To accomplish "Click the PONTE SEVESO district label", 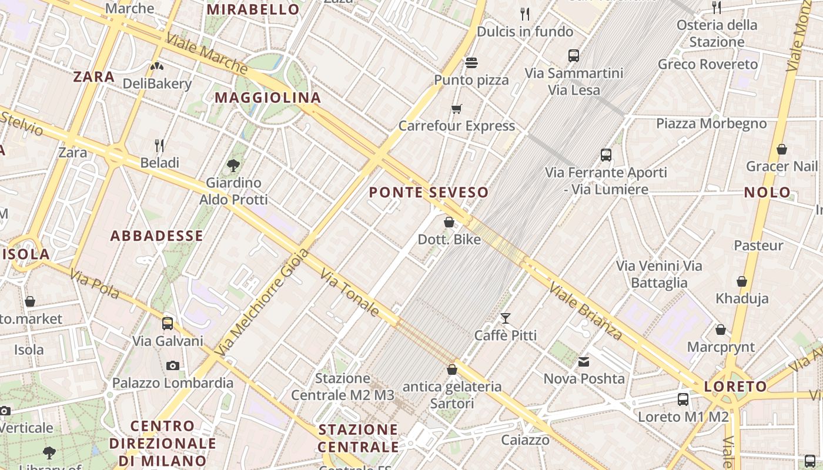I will (429, 192).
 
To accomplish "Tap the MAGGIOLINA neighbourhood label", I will (267, 98).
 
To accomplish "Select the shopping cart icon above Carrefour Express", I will (456, 109).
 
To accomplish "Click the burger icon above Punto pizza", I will (471, 62).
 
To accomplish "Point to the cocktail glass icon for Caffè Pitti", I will (505, 318).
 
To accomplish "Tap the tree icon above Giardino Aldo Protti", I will (233, 166).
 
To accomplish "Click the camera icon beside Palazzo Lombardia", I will (172, 365).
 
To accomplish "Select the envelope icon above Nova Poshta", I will (584, 361).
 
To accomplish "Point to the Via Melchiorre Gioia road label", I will (262, 302).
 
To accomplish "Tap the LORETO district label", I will (736, 387).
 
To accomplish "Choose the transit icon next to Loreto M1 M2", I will (683, 399).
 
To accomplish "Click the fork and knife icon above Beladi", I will (159, 145).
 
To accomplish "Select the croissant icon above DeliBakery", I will (157, 66).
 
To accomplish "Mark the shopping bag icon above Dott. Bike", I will (449, 222).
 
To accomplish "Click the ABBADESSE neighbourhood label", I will (157, 236).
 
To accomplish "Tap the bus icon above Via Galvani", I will (168, 323).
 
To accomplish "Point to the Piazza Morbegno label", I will (711, 123).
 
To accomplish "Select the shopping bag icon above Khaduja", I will (742, 281).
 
